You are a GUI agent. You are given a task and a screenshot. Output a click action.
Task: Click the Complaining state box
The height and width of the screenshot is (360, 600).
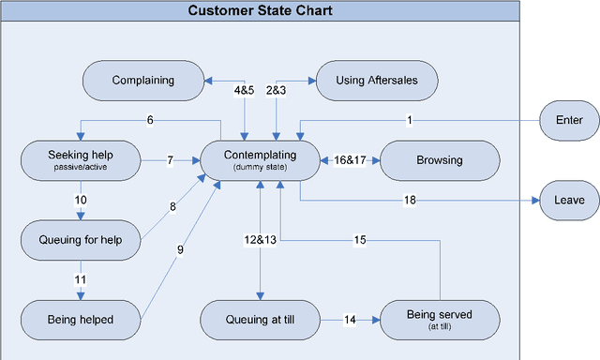143,81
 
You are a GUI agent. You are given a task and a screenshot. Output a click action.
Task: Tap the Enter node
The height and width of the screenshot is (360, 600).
569,120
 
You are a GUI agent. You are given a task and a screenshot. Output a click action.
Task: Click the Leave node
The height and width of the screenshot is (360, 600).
569,201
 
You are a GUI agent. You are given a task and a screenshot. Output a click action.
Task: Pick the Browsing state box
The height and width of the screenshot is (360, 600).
440,160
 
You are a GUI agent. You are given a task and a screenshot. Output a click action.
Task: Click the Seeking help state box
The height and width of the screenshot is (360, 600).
81,159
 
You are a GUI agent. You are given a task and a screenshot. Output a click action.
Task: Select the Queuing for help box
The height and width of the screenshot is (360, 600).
81,240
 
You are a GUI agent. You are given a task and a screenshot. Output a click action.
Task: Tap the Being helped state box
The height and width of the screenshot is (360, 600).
81,320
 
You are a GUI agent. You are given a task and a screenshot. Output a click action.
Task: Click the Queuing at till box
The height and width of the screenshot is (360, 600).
260,320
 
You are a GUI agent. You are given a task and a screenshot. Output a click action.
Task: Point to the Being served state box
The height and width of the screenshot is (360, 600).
440,320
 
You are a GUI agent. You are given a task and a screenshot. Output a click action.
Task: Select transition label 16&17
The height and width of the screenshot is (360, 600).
350,160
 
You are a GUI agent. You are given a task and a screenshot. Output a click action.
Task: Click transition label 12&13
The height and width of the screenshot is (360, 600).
260,241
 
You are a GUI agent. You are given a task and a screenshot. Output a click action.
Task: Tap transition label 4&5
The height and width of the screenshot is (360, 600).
245,91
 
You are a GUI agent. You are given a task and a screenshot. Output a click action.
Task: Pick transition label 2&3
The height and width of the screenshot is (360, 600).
277,91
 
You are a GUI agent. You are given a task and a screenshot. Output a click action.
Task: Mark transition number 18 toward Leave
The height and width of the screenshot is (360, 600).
410,201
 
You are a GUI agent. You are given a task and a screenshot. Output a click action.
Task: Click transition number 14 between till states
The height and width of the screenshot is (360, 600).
350,320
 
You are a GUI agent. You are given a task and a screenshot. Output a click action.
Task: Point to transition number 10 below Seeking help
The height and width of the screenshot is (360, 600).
81,201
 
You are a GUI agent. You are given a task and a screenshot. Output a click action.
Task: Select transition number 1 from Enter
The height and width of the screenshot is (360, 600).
410,120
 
